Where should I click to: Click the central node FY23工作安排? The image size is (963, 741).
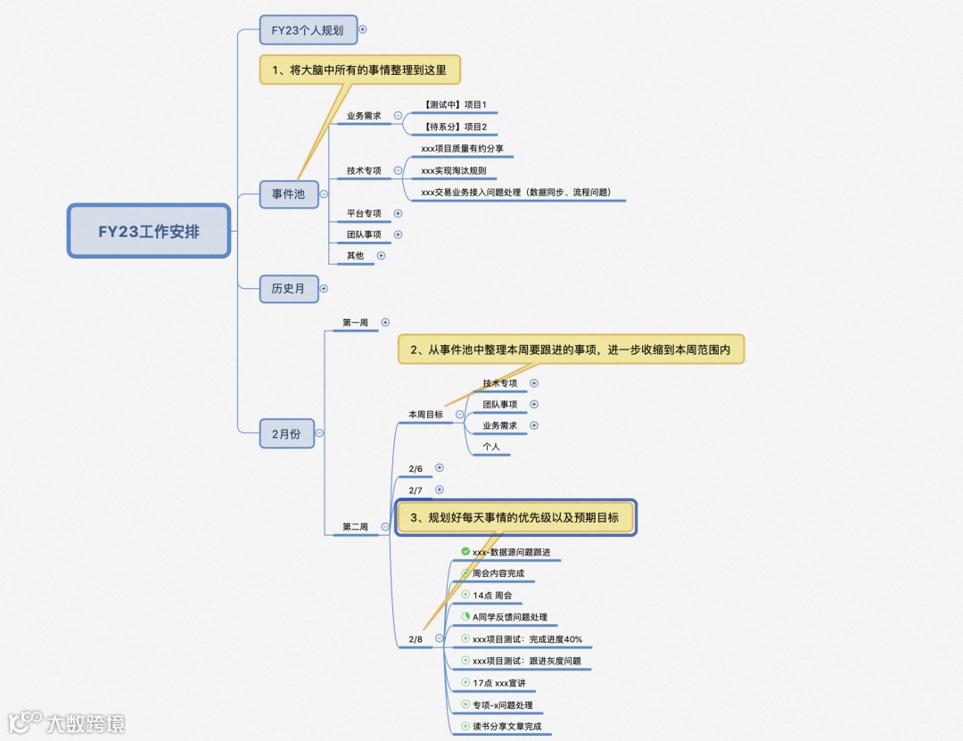click(149, 232)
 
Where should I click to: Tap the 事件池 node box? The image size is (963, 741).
click(288, 193)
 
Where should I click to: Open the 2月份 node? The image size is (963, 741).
click(286, 433)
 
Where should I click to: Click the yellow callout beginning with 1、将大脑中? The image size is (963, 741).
click(360, 70)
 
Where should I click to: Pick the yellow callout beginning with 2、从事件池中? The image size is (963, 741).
click(570, 350)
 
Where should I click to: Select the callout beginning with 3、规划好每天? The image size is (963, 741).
click(515, 517)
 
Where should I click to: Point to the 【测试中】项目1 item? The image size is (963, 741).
click(455, 105)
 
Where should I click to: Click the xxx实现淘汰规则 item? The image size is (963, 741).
click(453, 170)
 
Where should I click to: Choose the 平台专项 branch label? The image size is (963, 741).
click(364, 214)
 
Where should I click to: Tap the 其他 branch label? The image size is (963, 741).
click(355, 256)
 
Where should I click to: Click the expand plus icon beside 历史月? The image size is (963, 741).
click(324, 288)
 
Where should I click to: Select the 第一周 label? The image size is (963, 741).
click(355, 322)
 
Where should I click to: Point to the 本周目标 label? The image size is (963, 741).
click(425, 415)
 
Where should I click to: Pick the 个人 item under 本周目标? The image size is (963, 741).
click(491, 447)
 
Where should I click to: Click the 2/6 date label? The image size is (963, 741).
click(416, 468)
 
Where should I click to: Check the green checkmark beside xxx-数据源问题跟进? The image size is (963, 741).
click(465, 552)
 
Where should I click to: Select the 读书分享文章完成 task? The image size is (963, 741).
click(506, 727)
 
